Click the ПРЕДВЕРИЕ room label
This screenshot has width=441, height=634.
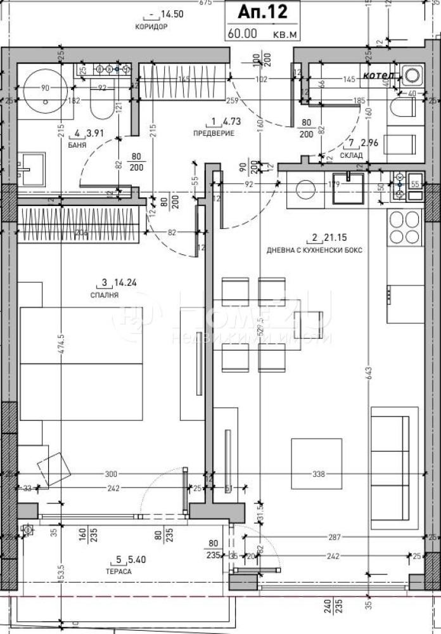[214, 133]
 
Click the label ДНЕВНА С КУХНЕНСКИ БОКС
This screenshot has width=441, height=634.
[314, 250]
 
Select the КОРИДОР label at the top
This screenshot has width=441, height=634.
[151, 27]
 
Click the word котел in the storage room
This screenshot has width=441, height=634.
[378, 75]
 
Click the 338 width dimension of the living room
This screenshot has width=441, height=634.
[318, 474]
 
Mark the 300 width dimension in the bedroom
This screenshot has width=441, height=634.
[112, 474]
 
